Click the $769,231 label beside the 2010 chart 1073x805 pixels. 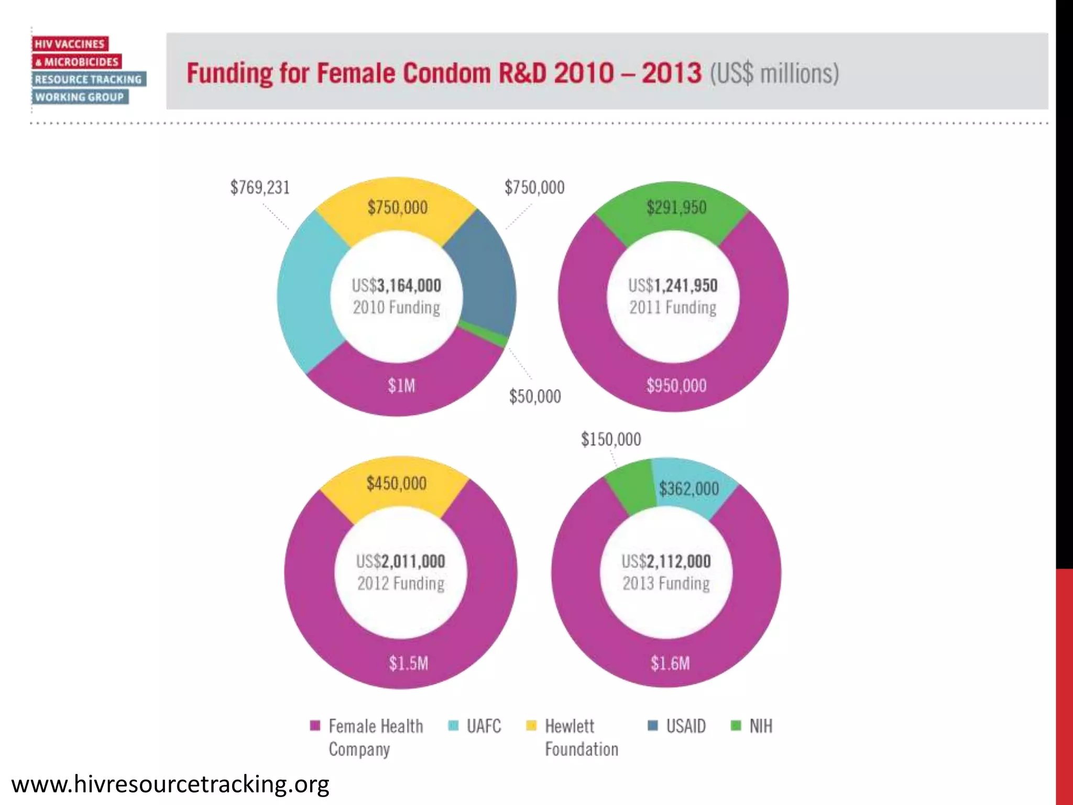click(x=260, y=187)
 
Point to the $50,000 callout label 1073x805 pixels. click(x=534, y=396)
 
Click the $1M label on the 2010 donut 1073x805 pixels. click(x=401, y=386)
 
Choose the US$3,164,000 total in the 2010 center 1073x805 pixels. click(x=397, y=286)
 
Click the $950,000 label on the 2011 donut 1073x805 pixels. click(x=676, y=386)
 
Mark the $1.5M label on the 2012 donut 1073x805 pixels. click(x=408, y=663)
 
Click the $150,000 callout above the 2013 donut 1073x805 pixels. click(x=610, y=439)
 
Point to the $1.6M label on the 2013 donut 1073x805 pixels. click(x=670, y=663)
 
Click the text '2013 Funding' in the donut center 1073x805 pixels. click(x=666, y=583)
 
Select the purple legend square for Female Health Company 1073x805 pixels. click(x=315, y=726)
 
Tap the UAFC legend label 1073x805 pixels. click(x=483, y=726)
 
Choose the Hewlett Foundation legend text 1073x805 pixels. click(x=581, y=737)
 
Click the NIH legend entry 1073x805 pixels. click(x=760, y=726)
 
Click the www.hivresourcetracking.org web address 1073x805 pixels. click(x=170, y=785)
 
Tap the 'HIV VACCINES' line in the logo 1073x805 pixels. click(x=70, y=44)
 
